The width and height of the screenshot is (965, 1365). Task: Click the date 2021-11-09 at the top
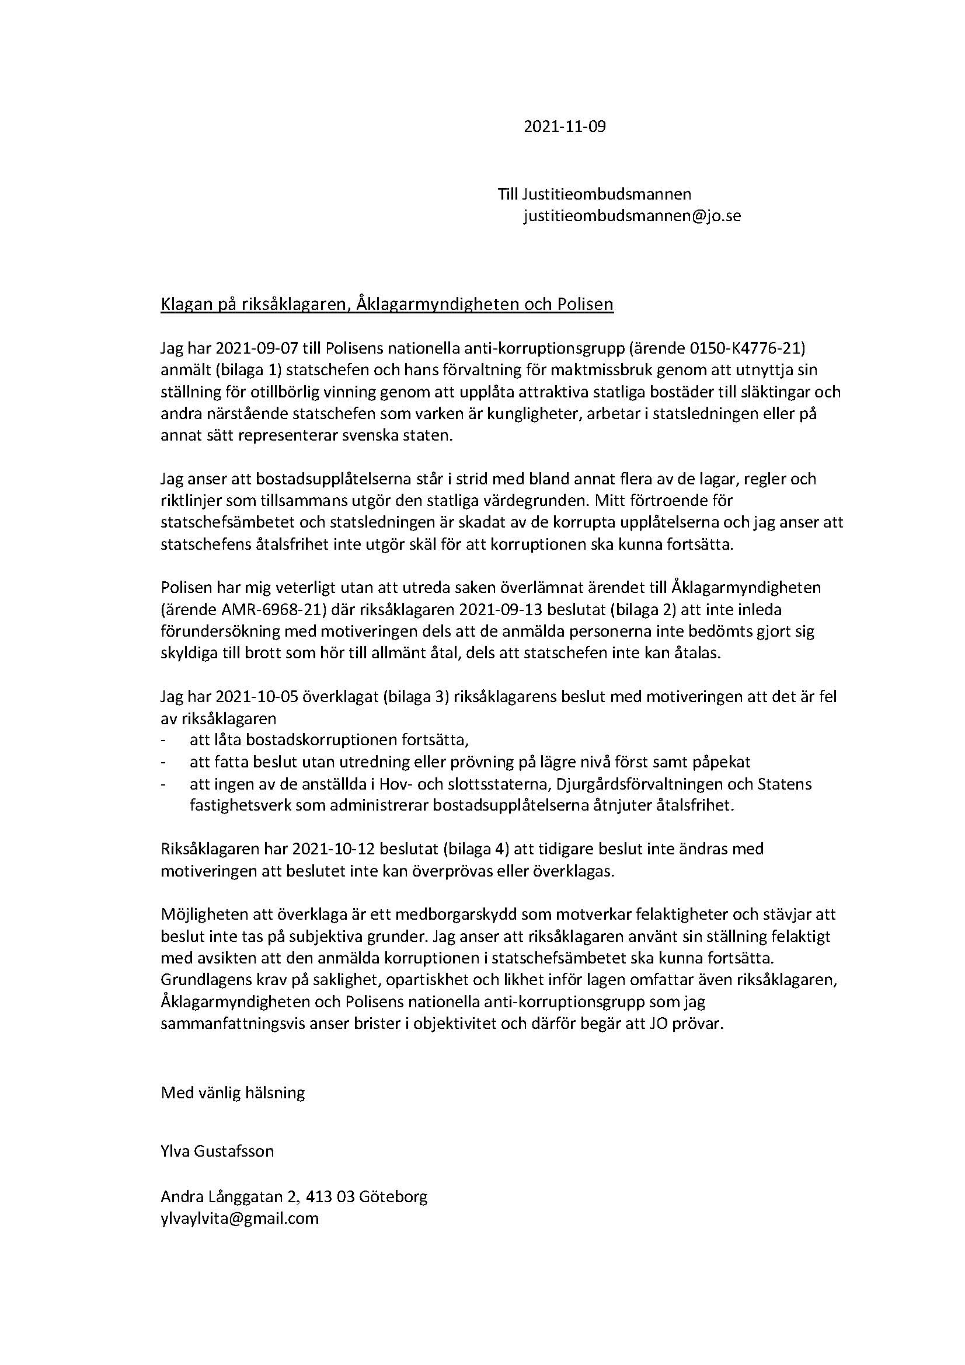coord(565,127)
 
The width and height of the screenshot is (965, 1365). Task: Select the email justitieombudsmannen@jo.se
coord(632,216)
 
